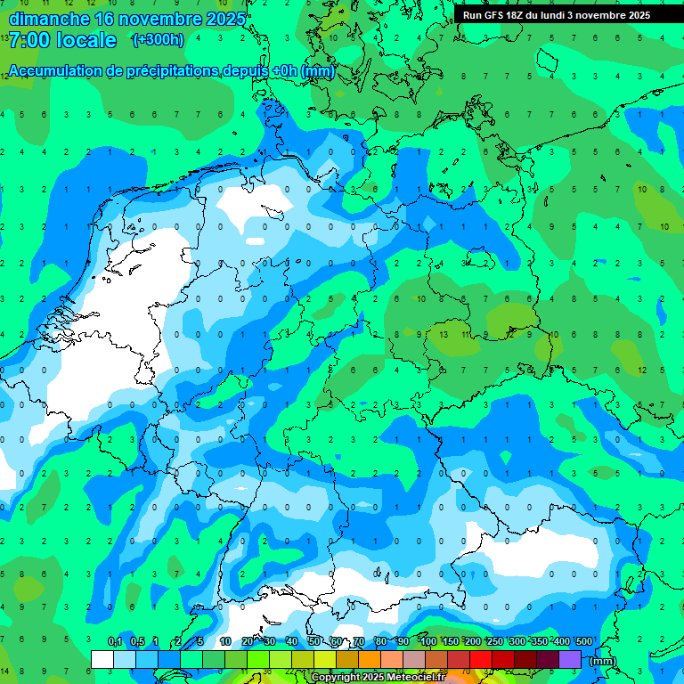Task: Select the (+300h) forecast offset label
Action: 158,39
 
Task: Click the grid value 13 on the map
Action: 443,334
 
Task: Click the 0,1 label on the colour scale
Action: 115,642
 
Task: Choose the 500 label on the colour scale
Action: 583,642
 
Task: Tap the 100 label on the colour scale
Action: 428,642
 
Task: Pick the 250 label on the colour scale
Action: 494,642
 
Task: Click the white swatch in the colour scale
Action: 102,659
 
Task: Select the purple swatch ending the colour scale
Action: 570,659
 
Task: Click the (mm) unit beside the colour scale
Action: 602,661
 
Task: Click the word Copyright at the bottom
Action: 335,678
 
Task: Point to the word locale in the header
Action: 86,40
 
